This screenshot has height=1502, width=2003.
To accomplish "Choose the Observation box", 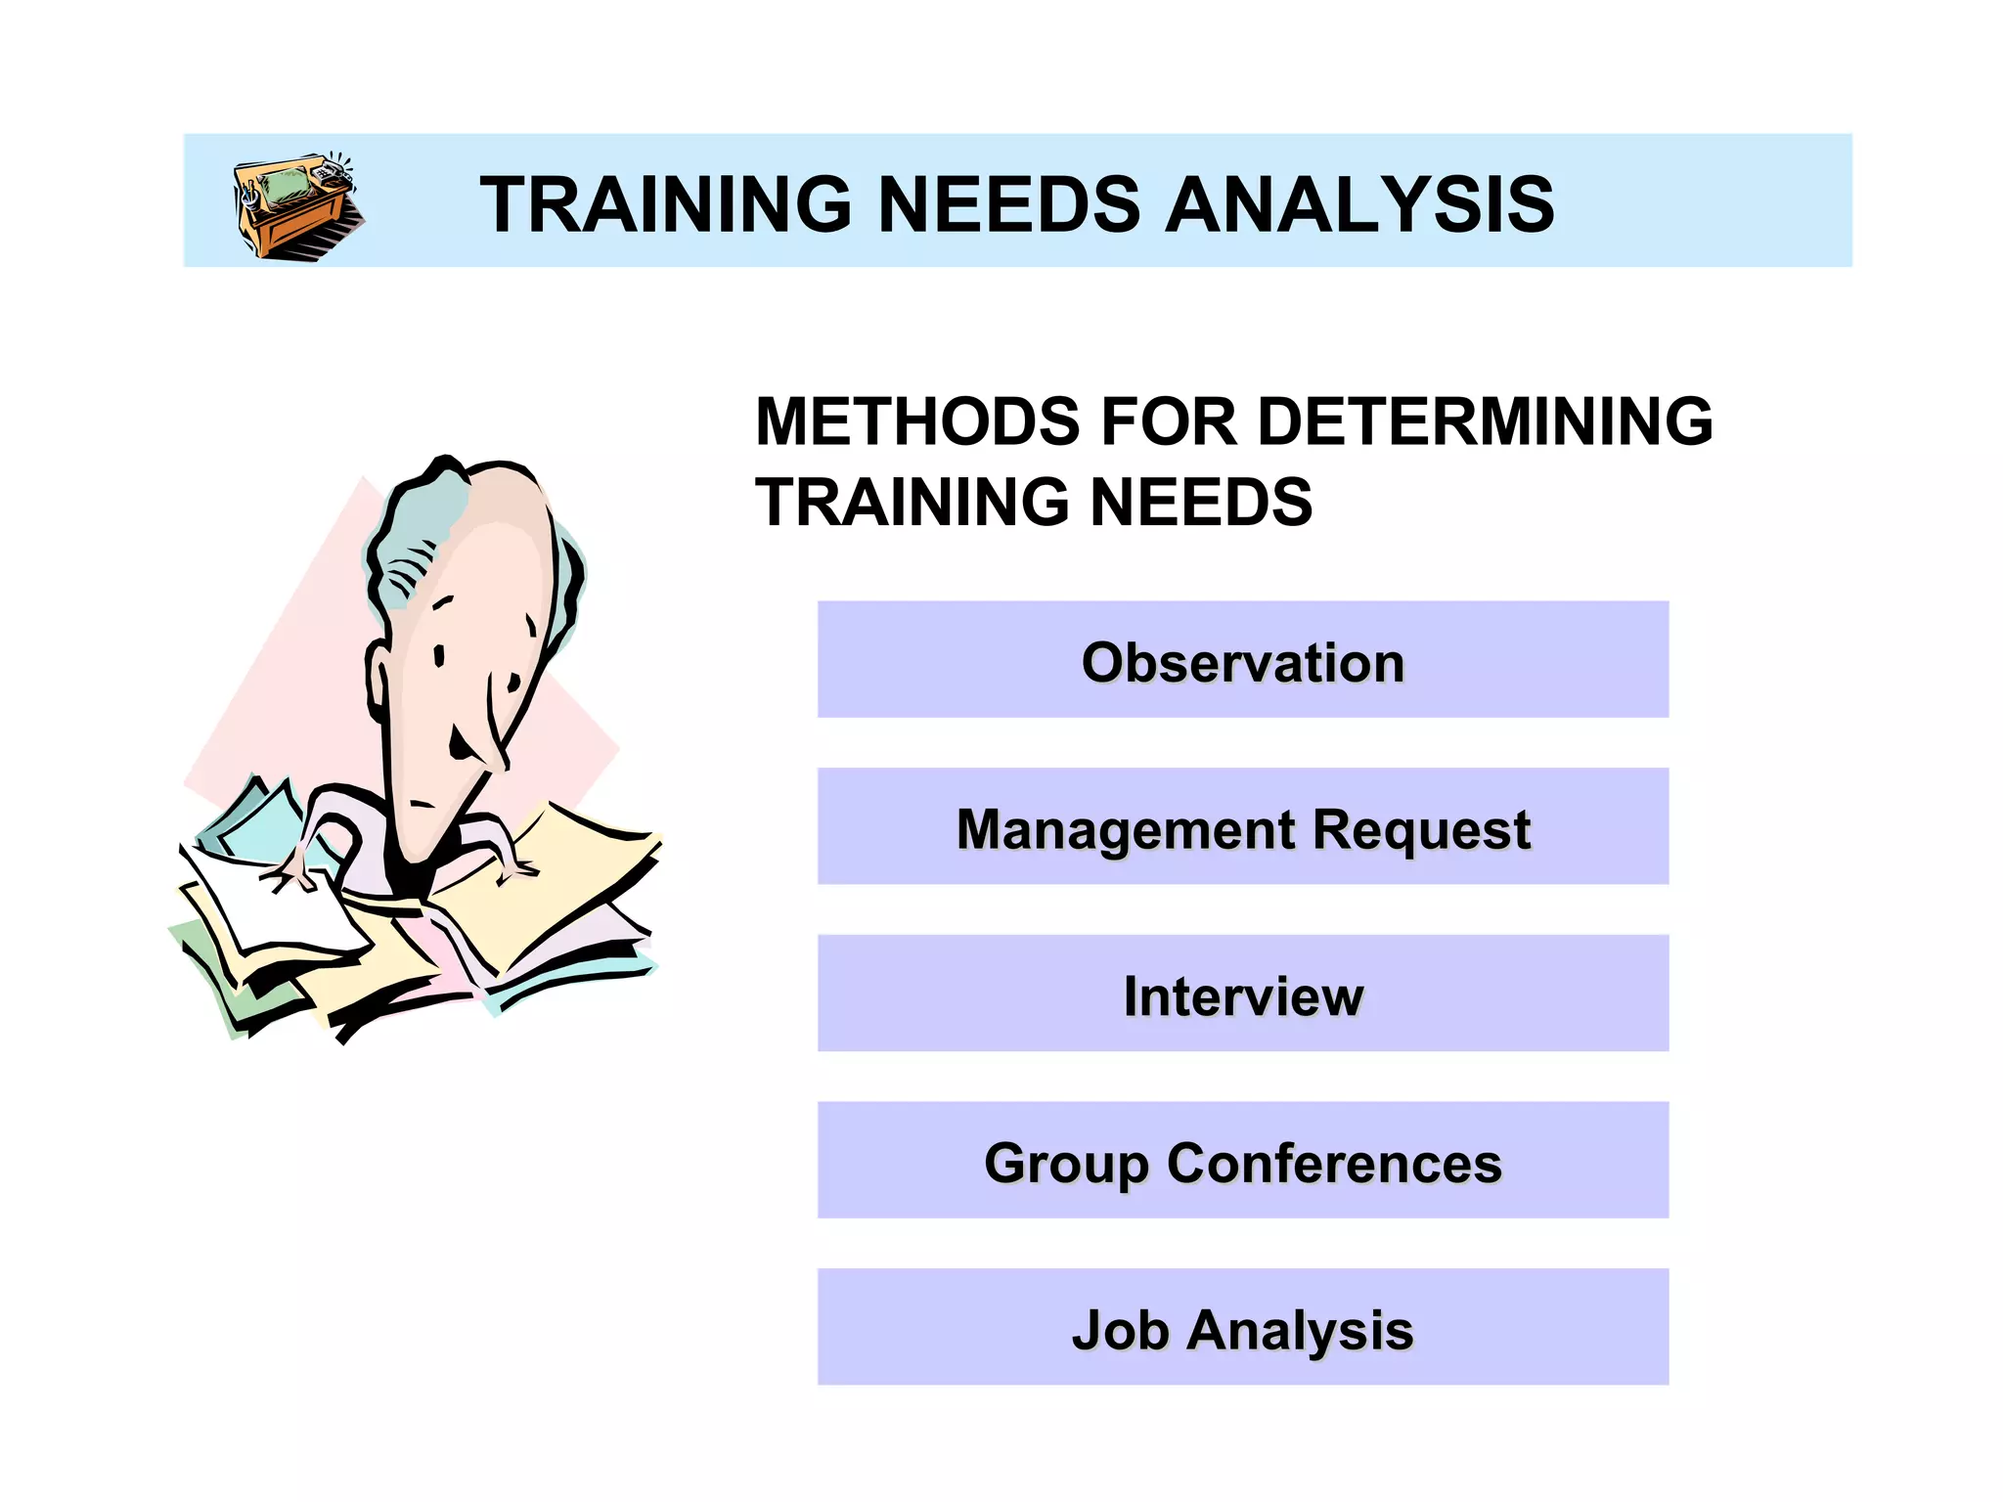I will [1242, 661].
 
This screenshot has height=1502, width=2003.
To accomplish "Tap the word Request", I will [1420, 829].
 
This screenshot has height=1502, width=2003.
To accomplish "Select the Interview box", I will [1242, 995].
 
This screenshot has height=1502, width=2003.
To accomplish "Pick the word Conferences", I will [1334, 1163].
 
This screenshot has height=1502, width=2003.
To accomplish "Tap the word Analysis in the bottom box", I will [1300, 1330].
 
